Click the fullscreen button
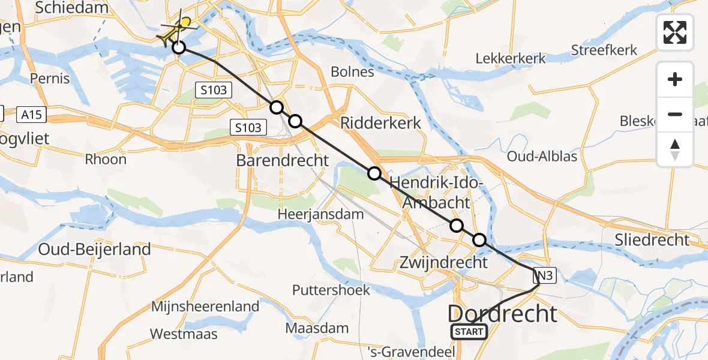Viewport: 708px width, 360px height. pos(675,32)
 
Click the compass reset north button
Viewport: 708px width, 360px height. pos(675,149)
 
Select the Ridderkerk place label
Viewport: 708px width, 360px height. pos(380,123)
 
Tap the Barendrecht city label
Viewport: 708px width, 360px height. pos(283,161)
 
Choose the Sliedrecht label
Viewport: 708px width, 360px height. pos(652,240)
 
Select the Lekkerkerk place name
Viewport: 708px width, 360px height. pos(511,58)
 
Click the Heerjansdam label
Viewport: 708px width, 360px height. pos(321,214)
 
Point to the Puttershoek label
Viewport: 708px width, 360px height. pos(331,290)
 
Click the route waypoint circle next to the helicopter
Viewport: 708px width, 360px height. pos(178,47)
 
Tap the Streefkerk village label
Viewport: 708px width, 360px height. pos(604,50)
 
